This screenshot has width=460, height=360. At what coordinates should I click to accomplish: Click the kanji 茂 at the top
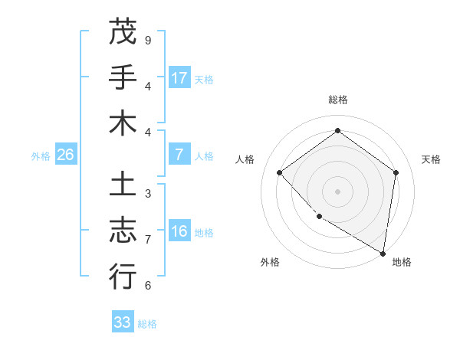pyautogui.click(x=123, y=31)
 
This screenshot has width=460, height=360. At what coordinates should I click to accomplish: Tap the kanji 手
pyautogui.click(x=123, y=77)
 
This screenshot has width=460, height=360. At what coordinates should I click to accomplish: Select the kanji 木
pyautogui.click(x=123, y=123)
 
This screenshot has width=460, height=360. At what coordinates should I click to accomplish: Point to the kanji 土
pyautogui.click(x=123, y=185)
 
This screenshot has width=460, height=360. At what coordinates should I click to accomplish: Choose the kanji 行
pyautogui.click(x=123, y=276)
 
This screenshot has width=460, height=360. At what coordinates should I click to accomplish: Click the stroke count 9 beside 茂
pyautogui.click(x=148, y=40)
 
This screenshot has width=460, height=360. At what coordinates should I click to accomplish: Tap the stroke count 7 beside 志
pyautogui.click(x=148, y=239)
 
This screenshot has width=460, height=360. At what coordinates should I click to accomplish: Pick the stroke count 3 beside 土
pyautogui.click(x=148, y=193)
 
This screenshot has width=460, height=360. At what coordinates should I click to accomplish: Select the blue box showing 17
pyautogui.click(x=179, y=77)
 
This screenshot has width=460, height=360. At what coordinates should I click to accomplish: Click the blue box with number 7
pyautogui.click(x=179, y=155)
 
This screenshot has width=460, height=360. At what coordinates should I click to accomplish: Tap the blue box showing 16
pyautogui.click(x=179, y=231)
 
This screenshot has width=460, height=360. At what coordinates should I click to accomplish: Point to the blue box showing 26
pyautogui.click(x=65, y=155)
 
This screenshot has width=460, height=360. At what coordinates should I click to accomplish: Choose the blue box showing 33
pyautogui.click(x=123, y=322)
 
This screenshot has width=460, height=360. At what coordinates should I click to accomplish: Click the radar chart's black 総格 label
pyautogui.click(x=337, y=100)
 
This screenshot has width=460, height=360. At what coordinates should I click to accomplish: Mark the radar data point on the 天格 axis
pyautogui.click(x=396, y=172)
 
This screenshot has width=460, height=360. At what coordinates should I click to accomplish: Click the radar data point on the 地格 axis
pyautogui.click(x=383, y=252)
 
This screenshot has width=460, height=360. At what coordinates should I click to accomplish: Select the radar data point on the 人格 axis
pyautogui.click(x=280, y=172)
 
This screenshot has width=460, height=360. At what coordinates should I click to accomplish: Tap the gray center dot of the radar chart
pyautogui.click(x=337, y=191)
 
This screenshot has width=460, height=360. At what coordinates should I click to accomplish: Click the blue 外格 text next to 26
pyautogui.click(x=41, y=155)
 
